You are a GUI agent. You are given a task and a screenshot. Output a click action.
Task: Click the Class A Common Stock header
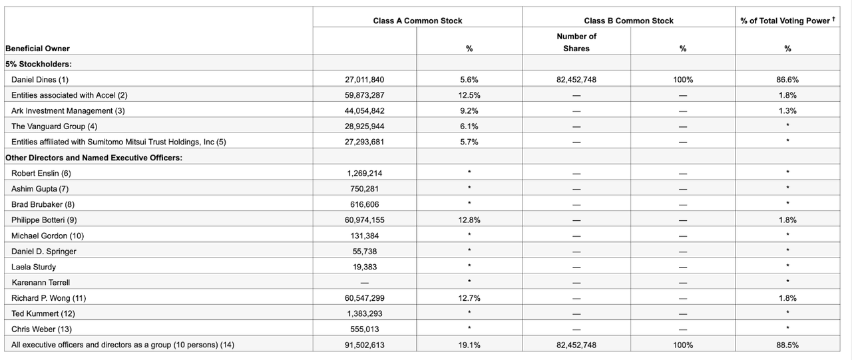(x=417, y=21)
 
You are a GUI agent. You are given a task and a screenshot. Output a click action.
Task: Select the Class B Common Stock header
(x=628, y=21)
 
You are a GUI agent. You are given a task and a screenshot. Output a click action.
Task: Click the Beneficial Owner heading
(x=37, y=49)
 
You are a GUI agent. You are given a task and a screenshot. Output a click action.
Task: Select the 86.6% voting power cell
(x=787, y=80)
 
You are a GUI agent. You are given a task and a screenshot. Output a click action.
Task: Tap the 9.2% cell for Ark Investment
(x=469, y=110)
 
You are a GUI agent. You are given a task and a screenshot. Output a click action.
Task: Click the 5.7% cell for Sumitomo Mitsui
(x=469, y=142)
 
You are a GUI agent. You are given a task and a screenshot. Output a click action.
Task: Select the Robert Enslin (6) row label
(x=41, y=173)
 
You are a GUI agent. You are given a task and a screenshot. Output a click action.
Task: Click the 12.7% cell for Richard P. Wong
(x=469, y=298)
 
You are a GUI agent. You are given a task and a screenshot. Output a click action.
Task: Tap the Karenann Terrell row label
(x=41, y=282)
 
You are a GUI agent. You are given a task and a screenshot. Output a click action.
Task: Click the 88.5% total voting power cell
(x=787, y=345)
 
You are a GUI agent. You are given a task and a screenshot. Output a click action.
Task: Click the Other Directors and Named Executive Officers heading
(x=94, y=158)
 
